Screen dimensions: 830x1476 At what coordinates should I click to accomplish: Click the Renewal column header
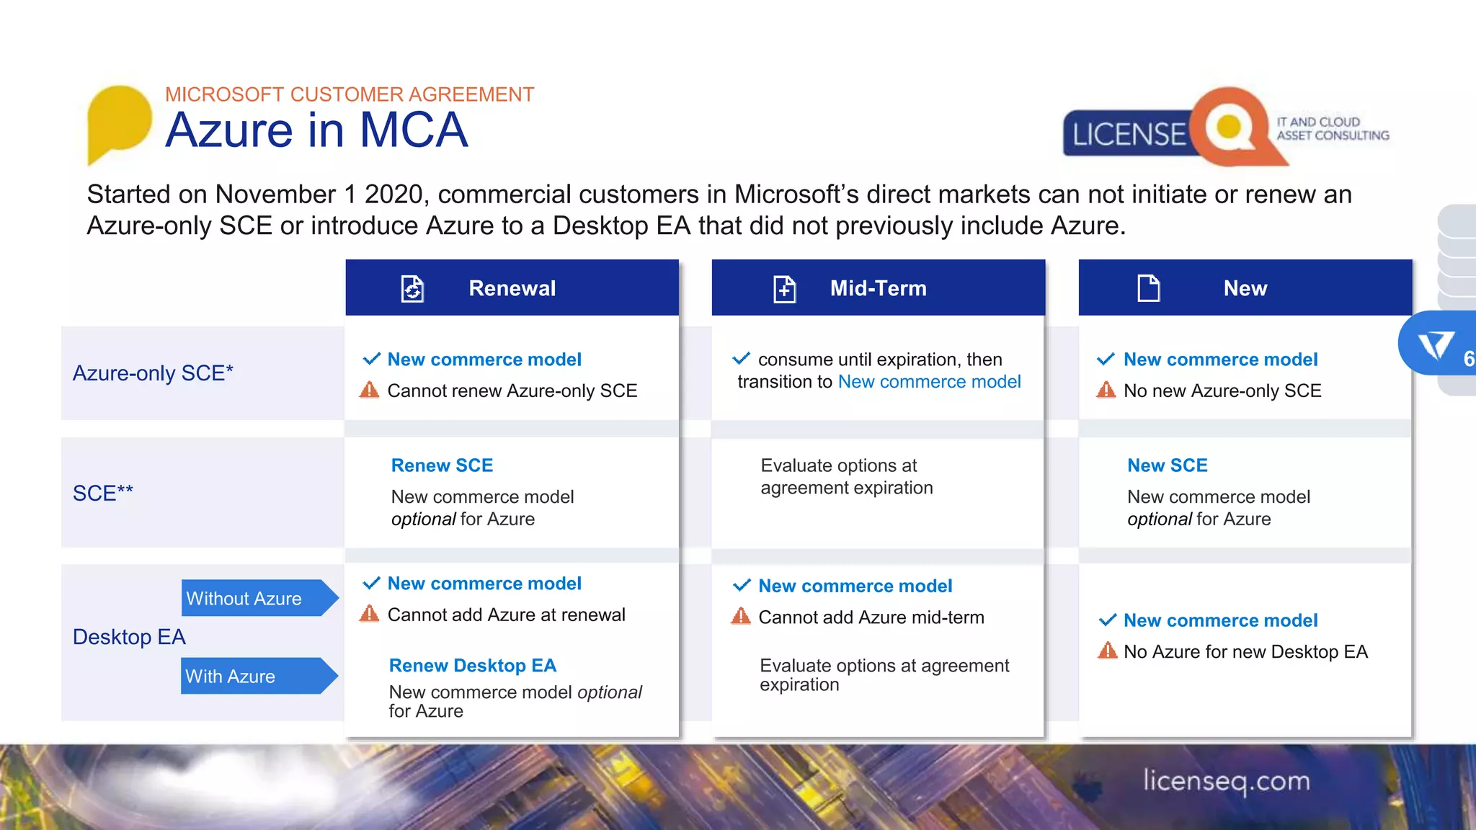tap(512, 288)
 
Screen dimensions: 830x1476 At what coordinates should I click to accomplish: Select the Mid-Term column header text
tap(878, 288)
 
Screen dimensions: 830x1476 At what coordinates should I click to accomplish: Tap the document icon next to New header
tap(1148, 288)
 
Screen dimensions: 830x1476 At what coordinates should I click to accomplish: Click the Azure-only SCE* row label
tap(153, 373)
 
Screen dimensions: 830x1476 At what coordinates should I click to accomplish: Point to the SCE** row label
tap(103, 494)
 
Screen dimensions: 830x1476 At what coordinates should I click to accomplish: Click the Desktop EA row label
tap(129, 637)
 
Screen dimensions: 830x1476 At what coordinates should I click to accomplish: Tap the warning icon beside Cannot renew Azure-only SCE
tap(369, 391)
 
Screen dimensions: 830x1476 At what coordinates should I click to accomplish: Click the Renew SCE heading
tap(442, 465)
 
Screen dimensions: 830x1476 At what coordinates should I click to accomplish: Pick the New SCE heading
tap(1167, 465)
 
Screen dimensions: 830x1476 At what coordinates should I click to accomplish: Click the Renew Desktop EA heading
tap(472, 666)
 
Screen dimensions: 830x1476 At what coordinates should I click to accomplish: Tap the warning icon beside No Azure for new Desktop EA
tap(1106, 651)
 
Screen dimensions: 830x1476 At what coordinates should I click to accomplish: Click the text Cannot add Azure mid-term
tap(871, 617)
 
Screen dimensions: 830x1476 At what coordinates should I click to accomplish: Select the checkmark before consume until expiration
tap(741, 358)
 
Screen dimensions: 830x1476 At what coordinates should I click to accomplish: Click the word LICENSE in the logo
tap(1129, 135)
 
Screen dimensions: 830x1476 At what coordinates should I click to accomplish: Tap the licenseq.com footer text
tap(1226, 781)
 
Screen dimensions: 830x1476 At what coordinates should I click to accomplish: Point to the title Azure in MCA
tap(316, 130)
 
